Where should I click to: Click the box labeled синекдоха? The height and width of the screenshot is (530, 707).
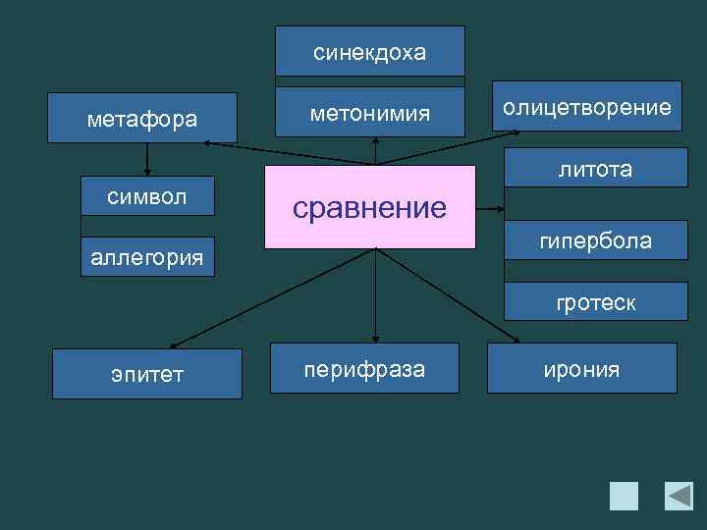(370, 51)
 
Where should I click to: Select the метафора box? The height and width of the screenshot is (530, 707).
(142, 118)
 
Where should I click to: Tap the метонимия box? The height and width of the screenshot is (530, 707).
(370, 113)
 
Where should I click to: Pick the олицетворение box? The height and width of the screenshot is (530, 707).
(586, 106)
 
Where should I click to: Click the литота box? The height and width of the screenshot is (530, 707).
(595, 169)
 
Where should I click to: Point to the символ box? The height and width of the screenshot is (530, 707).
(147, 194)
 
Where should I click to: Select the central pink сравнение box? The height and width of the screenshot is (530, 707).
(370, 206)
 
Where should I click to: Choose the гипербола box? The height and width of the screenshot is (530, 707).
(595, 240)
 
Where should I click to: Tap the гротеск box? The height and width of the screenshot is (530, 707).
(595, 303)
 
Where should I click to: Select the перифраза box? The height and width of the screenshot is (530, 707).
(364, 370)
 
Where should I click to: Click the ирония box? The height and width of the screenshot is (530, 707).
(582, 369)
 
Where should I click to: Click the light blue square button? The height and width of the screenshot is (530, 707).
(624, 496)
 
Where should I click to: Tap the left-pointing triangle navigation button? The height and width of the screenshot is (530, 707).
(679, 496)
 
